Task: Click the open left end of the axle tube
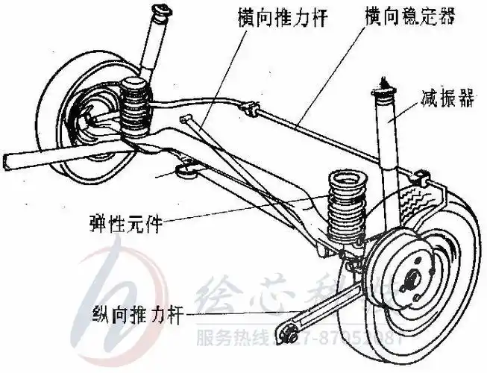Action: point(7,160)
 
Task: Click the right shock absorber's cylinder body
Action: point(389,145)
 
